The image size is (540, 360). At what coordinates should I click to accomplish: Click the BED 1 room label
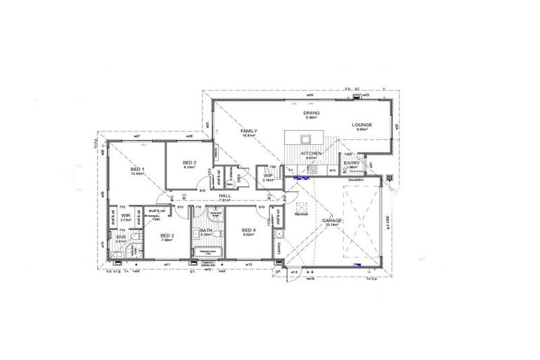click(137, 169)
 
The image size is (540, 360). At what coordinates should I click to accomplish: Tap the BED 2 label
click(189, 162)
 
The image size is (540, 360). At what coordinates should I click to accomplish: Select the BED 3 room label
click(166, 235)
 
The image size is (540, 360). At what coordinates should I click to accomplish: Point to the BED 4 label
click(249, 230)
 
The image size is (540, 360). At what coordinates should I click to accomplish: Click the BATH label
click(206, 230)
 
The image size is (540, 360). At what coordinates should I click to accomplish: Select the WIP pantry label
click(268, 176)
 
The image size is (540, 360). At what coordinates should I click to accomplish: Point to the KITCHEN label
click(311, 153)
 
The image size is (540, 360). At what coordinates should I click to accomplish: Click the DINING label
click(311, 112)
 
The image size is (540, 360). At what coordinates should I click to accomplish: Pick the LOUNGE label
click(363, 125)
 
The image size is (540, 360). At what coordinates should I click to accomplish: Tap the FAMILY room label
click(248, 131)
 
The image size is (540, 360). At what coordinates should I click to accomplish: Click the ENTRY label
click(352, 163)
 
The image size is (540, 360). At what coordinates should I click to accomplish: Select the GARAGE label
click(332, 220)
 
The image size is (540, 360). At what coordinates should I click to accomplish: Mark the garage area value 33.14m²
click(332, 226)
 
